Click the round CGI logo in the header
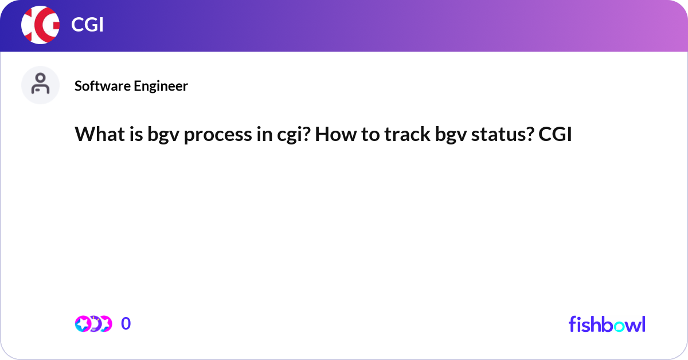[40, 25]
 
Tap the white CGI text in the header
[87, 25]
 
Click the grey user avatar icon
[40, 85]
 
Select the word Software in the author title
[102, 85]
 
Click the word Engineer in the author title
[161, 86]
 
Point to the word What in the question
[100, 134]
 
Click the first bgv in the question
[163, 135]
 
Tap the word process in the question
[218, 136]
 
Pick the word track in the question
[407, 134]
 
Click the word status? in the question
[502, 135]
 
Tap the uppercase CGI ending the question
[555, 134]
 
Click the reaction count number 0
[126, 323]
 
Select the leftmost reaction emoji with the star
[83, 324]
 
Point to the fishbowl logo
[607, 324]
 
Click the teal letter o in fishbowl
[619, 326]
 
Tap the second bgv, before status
[451, 135]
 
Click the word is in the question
[136, 134]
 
